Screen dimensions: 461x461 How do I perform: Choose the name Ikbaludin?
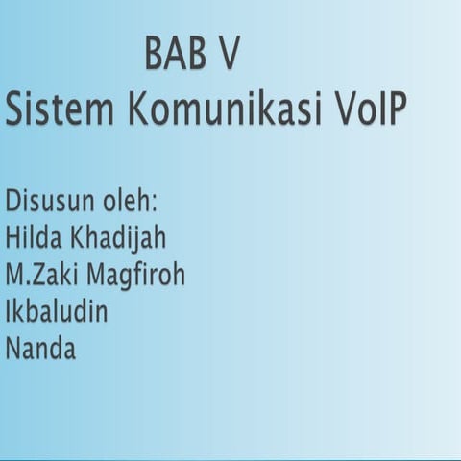point(57,312)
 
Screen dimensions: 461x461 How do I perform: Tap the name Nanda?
point(40,349)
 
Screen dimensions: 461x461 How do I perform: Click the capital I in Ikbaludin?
point(9,312)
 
